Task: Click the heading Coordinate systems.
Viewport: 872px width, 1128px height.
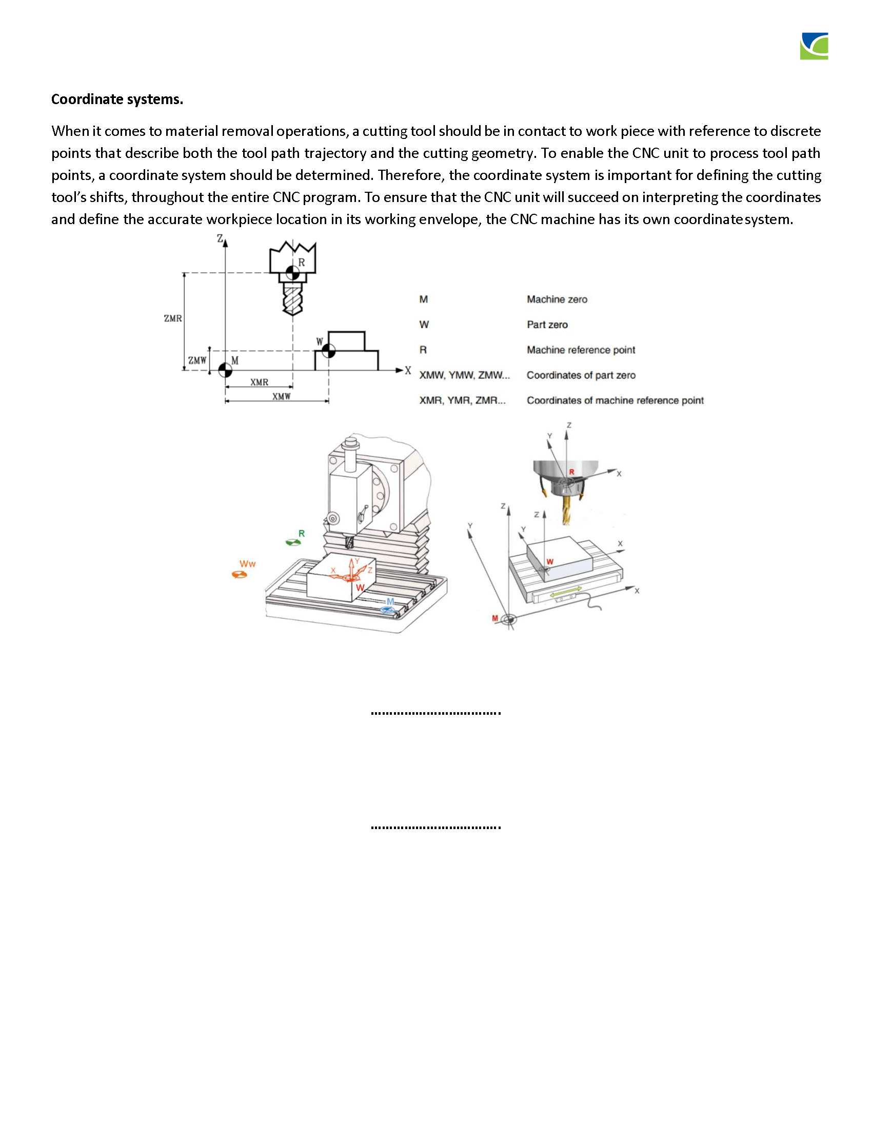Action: [117, 99]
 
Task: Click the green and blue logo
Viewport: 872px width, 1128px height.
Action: [814, 47]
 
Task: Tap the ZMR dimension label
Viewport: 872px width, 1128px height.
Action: [172, 319]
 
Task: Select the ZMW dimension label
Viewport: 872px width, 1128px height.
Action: [197, 360]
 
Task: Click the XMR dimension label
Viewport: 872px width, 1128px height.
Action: [260, 382]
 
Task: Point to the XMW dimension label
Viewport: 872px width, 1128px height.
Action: [282, 397]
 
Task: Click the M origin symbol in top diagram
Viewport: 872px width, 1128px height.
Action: [225, 370]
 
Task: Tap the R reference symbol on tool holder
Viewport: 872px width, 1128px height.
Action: [292, 273]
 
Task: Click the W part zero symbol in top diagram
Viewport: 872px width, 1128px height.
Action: [329, 351]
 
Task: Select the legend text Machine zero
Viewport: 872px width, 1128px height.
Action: [557, 299]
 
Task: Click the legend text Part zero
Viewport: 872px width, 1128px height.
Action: [547, 325]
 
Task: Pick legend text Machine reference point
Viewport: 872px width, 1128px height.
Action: [581, 350]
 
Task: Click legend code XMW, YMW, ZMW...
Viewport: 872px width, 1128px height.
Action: [464, 375]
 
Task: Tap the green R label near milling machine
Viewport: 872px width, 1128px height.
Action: [302, 534]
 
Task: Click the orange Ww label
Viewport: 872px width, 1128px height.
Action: [247, 564]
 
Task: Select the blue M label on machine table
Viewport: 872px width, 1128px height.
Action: [390, 601]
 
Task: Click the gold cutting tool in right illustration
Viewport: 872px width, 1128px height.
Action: [567, 511]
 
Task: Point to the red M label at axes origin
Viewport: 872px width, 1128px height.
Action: [495, 618]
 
